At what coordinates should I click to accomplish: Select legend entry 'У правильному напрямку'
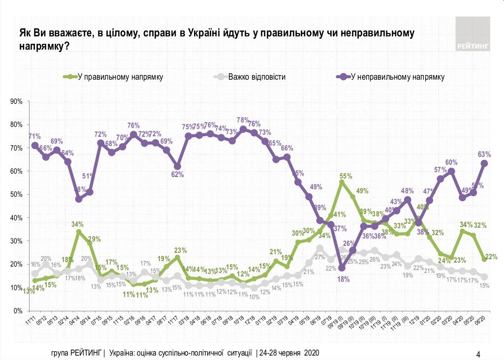(x=120, y=77)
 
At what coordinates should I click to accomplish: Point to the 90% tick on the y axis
(x=17, y=102)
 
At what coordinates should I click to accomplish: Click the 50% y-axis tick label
(x=17, y=195)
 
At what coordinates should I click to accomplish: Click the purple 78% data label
(x=243, y=120)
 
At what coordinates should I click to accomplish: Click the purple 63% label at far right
(x=484, y=154)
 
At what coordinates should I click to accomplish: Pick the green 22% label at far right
(x=491, y=256)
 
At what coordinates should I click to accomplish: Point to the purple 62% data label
(x=178, y=174)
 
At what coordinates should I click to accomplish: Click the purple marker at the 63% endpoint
(x=484, y=163)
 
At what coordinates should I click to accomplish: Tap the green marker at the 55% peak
(x=342, y=182)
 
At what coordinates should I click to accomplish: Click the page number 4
(x=478, y=354)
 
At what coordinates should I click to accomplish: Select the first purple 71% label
(x=34, y=136)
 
